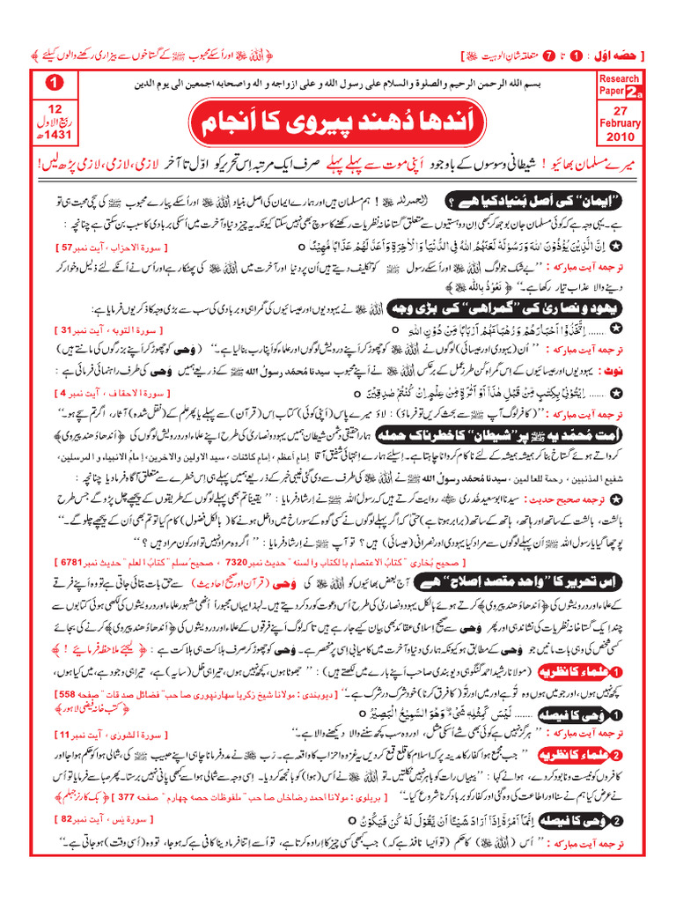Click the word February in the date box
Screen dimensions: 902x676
click(620, 123)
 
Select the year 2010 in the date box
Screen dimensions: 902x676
click(620, 137)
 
